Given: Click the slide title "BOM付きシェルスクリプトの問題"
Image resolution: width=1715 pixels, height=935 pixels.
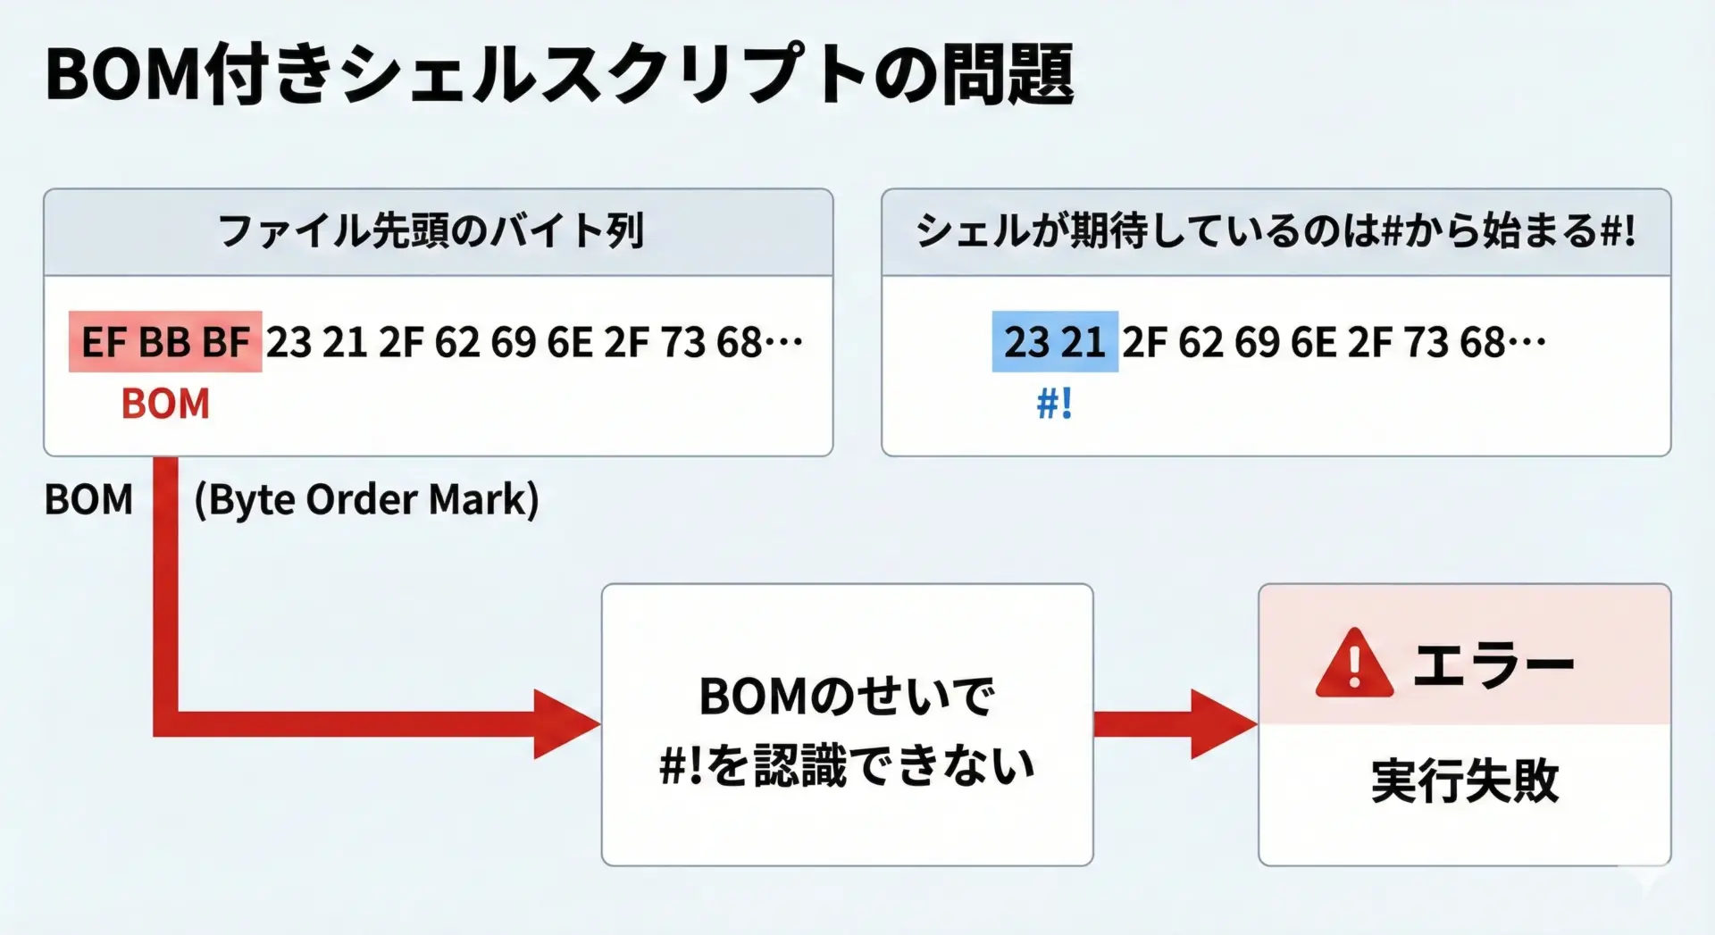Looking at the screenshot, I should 559,76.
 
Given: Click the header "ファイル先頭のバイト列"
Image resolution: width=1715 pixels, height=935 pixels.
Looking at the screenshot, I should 431,231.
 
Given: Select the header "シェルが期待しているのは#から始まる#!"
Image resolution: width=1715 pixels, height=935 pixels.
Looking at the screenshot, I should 1276,231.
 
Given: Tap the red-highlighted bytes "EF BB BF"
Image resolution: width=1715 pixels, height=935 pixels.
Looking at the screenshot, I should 165,342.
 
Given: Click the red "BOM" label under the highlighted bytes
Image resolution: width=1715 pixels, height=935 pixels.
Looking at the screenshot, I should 165,404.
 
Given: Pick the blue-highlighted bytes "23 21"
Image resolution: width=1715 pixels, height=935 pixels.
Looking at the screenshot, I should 1055,342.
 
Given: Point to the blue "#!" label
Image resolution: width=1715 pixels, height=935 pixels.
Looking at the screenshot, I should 1054,404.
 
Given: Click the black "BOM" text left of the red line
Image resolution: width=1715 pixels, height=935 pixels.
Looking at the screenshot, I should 88,499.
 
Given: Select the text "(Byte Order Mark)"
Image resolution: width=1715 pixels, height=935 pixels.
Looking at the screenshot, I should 366,499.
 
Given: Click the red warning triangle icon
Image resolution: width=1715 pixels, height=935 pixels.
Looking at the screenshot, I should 1354,664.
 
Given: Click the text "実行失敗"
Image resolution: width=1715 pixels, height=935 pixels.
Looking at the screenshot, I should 1465,781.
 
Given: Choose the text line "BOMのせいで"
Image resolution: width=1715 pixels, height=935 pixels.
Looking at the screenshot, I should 846,697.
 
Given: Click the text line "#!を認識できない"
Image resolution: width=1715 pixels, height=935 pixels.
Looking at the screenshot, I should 846,766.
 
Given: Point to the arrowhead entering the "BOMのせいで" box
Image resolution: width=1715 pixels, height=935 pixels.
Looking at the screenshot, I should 566,724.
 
